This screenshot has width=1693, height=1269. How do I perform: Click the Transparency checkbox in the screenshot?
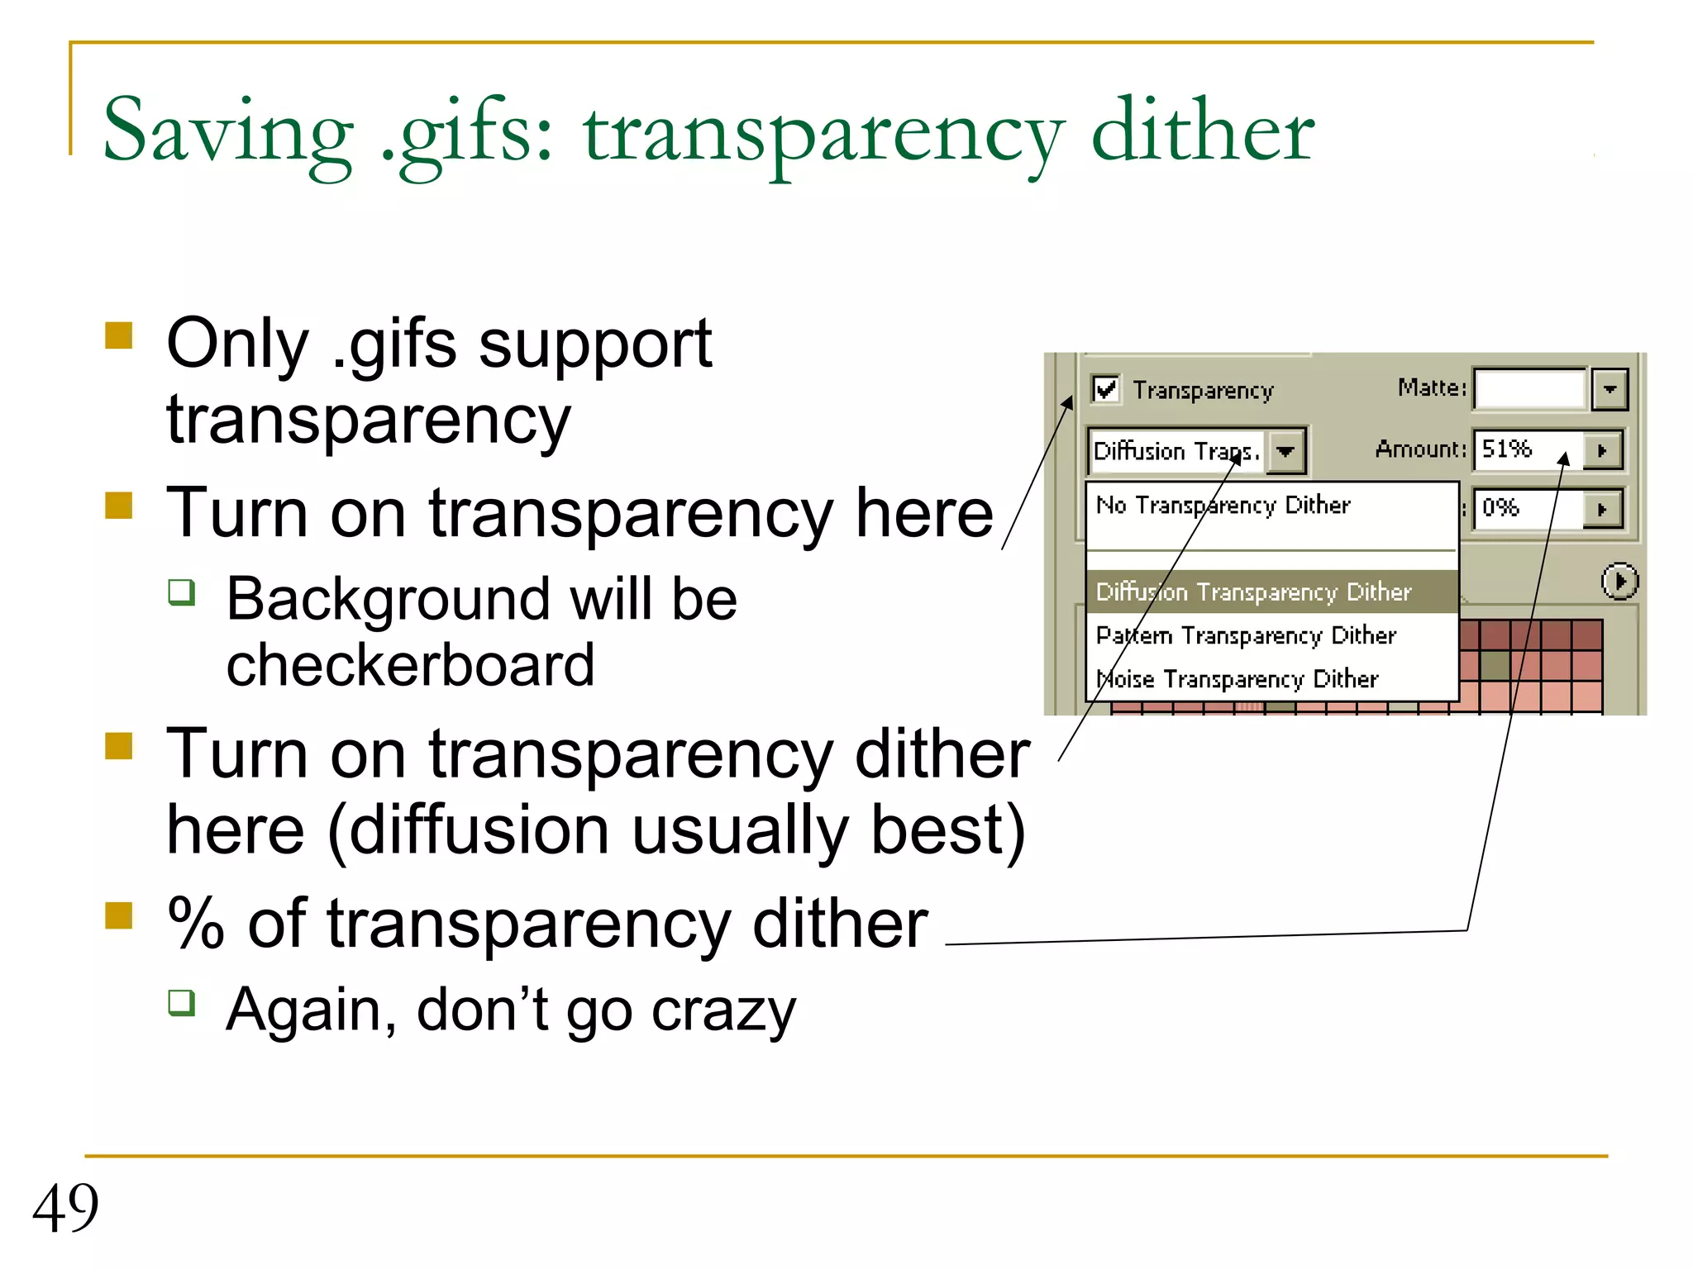coord(1105,388)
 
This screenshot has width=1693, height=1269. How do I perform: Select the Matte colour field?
coord(1529,389)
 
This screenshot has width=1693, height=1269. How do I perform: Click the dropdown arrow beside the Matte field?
coord(1610,389)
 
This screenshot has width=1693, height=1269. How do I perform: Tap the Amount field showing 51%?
coord(1528,449)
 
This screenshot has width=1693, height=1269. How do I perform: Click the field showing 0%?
coord(1528,507)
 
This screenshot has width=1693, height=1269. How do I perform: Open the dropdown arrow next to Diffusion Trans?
coord(1285,451)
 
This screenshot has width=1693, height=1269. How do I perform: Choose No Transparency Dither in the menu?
coord(1223,505)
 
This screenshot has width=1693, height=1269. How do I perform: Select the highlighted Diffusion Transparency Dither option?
coord(1253,592)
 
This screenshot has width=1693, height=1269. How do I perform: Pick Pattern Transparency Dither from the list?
coord(1246,635)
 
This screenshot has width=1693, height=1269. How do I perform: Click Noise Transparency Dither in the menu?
coord(1238,679)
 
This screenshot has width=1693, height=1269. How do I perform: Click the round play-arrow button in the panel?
coord(1619,581)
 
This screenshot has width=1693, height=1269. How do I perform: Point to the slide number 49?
coord(65,1208)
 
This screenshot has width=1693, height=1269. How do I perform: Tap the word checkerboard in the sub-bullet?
coord(410,665)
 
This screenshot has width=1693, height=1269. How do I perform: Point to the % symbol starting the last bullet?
coord(196,924)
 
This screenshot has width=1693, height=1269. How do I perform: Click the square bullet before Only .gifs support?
coord(119,336)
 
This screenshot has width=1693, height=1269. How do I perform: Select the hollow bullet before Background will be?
coord(182,592)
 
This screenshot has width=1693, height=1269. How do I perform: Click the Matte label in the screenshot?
coord(1431,387)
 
